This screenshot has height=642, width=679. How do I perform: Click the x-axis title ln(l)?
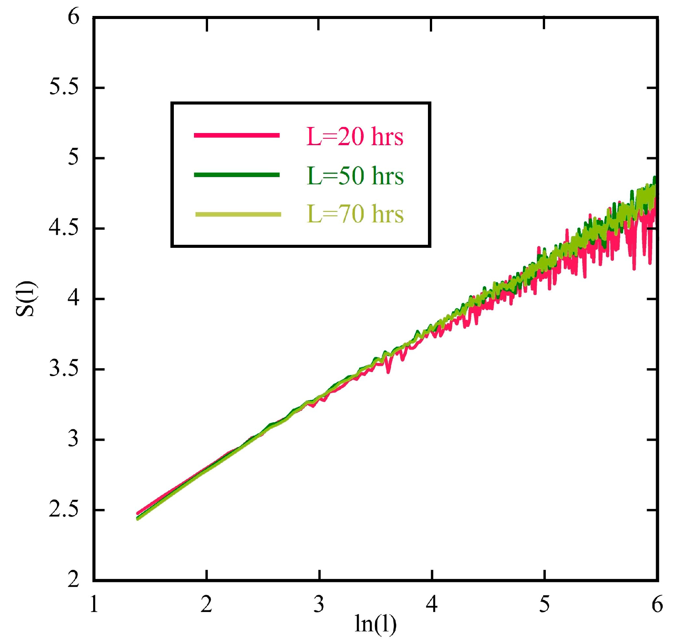pos(375,624)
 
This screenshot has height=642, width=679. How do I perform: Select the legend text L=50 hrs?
pos(355,176)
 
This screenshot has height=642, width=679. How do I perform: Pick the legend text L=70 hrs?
pos(355,214)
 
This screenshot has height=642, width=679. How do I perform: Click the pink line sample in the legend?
pos(237,135)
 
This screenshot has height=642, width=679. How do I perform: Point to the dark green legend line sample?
pos(237,175)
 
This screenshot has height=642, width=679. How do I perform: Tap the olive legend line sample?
pos(238,214)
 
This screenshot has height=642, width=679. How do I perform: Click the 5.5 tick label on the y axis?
pos(64,87)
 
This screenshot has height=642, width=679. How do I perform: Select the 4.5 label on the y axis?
pos(64,228)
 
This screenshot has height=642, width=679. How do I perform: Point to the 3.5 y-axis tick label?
pos(64,369)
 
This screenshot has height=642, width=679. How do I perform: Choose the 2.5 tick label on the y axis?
pos(64,509)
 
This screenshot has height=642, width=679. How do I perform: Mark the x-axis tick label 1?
pos(94,604)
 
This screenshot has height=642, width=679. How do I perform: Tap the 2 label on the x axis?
pos(206,604)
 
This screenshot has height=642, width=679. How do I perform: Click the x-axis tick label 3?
pos(319,604)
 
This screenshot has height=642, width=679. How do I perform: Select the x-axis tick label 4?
pos(431,604)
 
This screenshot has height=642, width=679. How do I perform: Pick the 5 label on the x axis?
pos(544,604)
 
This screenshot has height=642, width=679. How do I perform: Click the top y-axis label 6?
pos(73,17)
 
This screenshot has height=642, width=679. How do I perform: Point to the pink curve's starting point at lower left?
pos(138,514)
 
